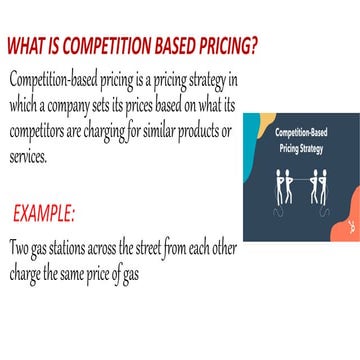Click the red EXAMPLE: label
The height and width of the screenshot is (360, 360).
coord(43,213)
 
